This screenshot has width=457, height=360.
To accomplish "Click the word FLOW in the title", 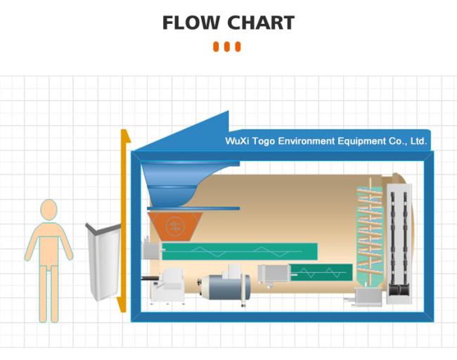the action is point(191,22).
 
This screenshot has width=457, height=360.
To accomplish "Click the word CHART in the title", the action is point(261,22).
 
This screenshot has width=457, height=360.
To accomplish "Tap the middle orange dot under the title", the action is point(227,46).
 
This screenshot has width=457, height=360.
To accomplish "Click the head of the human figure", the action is point(49,210).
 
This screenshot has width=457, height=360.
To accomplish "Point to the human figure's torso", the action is point(49,243).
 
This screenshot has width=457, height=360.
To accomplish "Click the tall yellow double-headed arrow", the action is point(124,221).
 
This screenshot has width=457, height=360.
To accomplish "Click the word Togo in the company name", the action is point(264,141).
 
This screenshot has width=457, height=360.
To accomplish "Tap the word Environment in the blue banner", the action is point(307,141).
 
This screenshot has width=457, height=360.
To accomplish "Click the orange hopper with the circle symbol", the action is point(175,226).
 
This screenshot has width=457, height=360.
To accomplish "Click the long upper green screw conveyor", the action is point(240,251).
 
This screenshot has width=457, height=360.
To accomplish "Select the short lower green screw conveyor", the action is point(321,273).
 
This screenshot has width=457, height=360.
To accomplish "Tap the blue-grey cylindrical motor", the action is point(226,287).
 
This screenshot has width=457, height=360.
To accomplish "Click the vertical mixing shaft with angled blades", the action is point(370,233).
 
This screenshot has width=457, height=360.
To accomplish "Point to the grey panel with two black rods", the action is point(399,243).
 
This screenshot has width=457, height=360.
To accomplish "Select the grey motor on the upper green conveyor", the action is point(152,250).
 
